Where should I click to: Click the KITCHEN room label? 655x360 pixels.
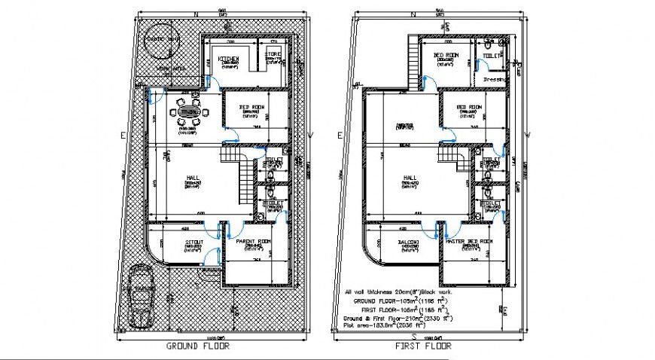228,59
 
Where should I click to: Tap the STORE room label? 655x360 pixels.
272,54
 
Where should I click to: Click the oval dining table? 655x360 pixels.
188,113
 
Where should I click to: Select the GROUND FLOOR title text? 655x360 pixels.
198,346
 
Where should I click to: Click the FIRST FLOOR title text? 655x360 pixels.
424,346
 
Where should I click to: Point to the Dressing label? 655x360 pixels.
494,78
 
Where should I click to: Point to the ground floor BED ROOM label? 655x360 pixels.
251,108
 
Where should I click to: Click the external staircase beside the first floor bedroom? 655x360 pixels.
412,64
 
